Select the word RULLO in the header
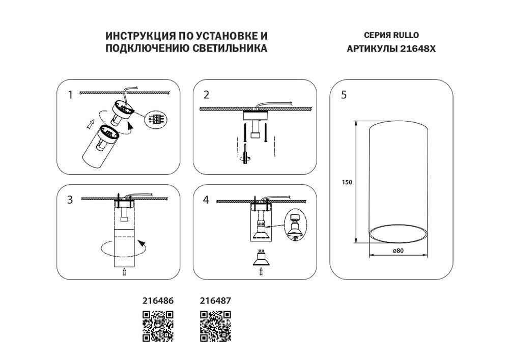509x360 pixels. click(406, 36)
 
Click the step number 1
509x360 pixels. click(71, 94)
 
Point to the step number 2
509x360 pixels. click(206, 95)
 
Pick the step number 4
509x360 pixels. click(206, 200)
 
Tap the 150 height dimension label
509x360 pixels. click(347, 182)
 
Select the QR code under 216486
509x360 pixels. click(157, 325)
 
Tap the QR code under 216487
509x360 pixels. click(215, 325)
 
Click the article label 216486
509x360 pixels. click(157, 301)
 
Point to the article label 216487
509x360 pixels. click(215, 301)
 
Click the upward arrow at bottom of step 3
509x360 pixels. click(124, 272)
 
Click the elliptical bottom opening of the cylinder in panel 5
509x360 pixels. click(398, 235)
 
